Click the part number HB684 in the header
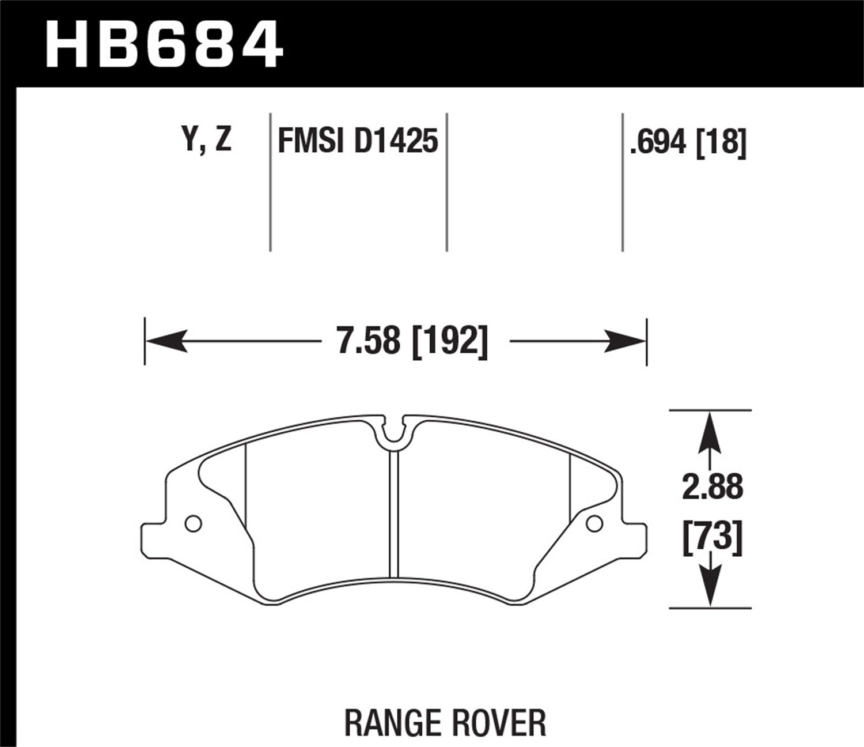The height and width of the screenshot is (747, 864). [x=164, y=43]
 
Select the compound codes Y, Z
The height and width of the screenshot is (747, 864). [x=207, y=140]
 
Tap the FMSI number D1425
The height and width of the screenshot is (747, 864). [x=396, y=141]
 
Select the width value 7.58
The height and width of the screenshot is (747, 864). [x=368, y=341]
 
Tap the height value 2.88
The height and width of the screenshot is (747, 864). [x=713, y=488]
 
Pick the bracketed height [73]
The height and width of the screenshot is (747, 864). [x=713, y=538]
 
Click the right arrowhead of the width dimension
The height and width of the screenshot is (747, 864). [x=626, y=341]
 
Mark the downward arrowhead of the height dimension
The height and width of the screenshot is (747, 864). [x=710, y=587]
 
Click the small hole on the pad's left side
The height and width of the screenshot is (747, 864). [x=193, y=523]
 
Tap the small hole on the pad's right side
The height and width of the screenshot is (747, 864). [x=594, y=523]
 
